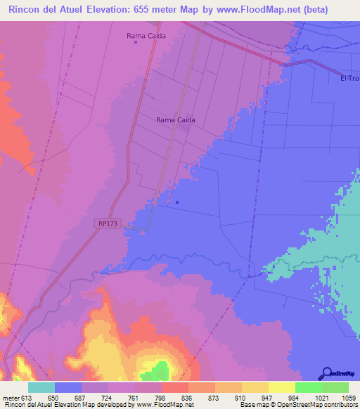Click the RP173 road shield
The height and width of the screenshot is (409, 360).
pos(108,223)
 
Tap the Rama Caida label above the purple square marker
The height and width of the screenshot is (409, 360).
pos(146,35)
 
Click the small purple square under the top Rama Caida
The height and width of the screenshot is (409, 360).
pos(136,42)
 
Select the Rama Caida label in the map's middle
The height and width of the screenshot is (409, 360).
pos(175,119)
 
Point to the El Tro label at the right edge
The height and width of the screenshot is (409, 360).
pos(349,78)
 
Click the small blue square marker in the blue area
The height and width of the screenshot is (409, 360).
pos(176,204)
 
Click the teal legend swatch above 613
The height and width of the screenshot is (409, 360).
pos(41,387)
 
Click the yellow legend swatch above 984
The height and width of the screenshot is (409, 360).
pos(282,387)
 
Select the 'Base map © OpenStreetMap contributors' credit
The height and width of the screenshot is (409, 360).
pos(297,405)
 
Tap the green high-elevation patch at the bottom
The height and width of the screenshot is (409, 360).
pos(160,371)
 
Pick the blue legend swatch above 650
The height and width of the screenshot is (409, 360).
pos(68,387)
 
